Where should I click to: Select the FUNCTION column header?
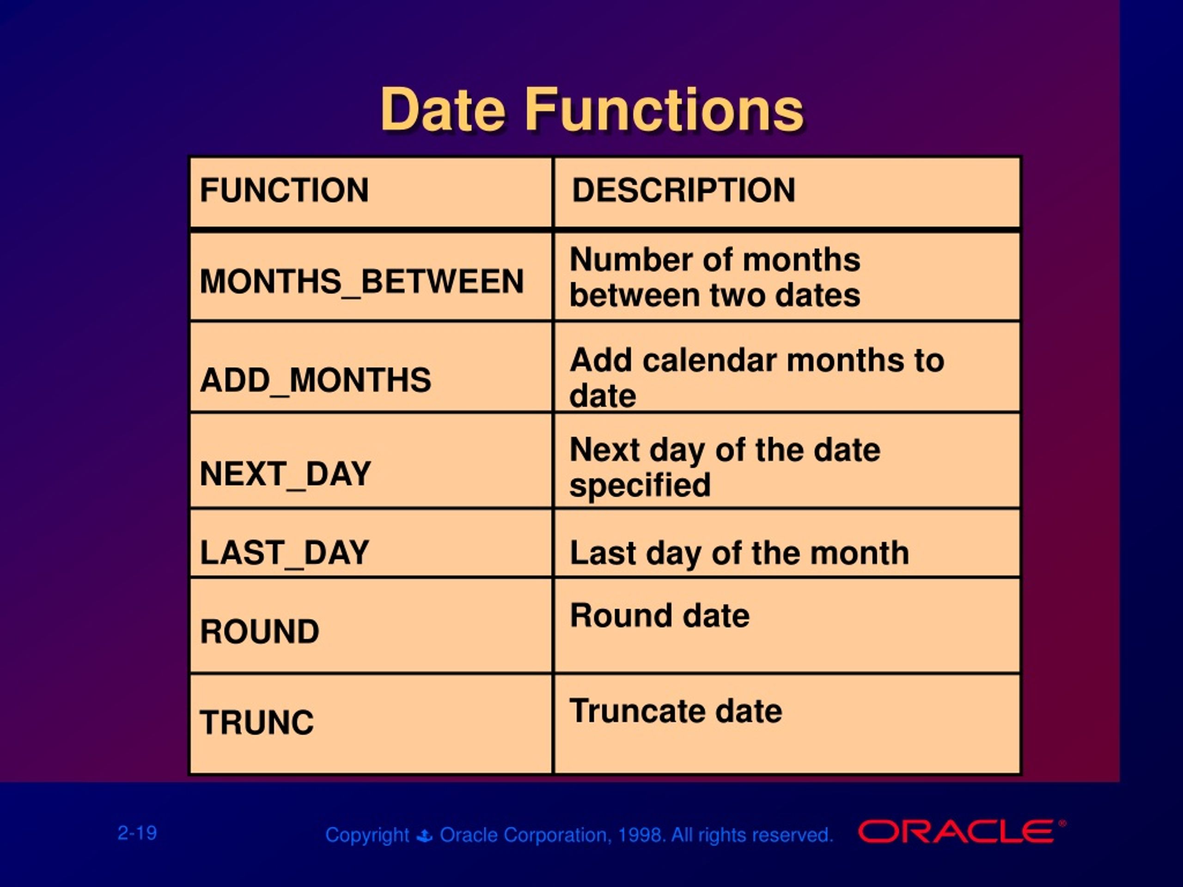pyautogui.click(x=284, y=190)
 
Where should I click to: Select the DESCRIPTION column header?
pyautogui.click(x=683, y=190)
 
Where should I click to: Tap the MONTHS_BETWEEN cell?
pyautogui.click(x=361, y=281)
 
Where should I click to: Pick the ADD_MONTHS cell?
pyautogui.click(x=315, y=380)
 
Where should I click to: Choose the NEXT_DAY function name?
pyautogui.click(x=285, y=474)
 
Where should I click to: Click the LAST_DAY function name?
pyautogui.click(x=284, y=553)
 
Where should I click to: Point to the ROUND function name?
pyautogui.click(x=259, y=632)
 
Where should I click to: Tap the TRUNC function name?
pyautogui.click(x=257, y=723)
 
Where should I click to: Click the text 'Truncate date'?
pyautogui.click(x=676, y=711)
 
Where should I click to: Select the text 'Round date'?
pyautogui.click(x=659, y=615)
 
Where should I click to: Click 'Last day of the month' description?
pyautogui.click(x=739, y=553)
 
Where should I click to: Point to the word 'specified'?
pyautogui.click(x=640, y=486)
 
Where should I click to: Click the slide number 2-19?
pyautogui.click(x=137, y=833)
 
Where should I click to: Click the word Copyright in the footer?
pyautogui.click(x=367, y=835)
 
